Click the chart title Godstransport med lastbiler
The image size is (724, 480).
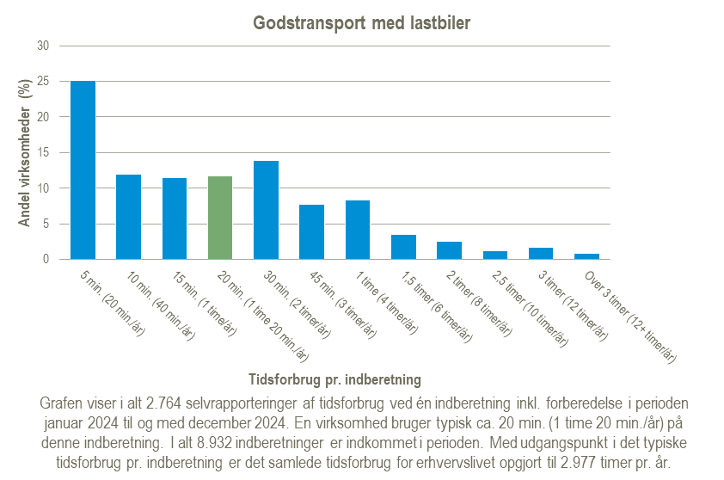click(362, 23)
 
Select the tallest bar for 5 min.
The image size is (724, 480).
click(83, 170)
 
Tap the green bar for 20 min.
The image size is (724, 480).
click(220, 218)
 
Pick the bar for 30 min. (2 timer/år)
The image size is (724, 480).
click(266, 210)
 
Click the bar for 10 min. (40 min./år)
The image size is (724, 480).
click(128, 217)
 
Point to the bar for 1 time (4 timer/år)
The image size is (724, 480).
click(358, 230)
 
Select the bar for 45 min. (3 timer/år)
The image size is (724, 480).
click(311, 232)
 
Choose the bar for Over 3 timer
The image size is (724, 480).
click(586, 256)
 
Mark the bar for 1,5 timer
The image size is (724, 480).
click(403, 247)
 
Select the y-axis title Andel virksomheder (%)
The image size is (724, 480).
click(25, 152)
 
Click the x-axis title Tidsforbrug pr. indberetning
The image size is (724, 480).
click(334, 378)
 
